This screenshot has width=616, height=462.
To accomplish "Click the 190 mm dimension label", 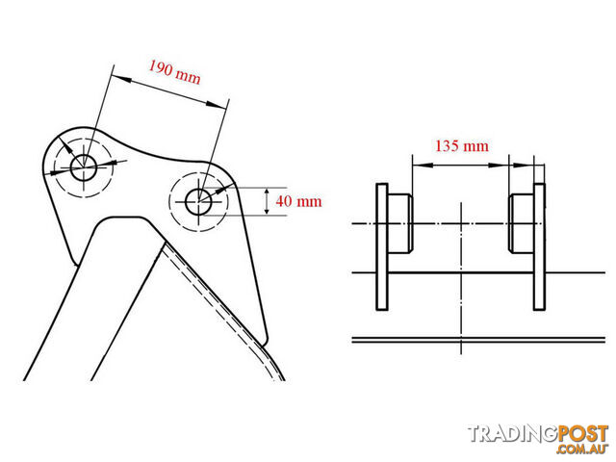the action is click(x=174, y=72).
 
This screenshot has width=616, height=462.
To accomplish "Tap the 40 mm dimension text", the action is click(x=298, y=201).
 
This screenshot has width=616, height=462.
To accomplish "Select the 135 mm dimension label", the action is click(x=462, y=146).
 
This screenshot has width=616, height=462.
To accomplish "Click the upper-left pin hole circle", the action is click(x=84, y=167).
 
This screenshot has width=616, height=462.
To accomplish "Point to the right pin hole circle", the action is click(x=199, y=202).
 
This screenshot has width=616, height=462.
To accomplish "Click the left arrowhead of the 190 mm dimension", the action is click(x=121, y=79).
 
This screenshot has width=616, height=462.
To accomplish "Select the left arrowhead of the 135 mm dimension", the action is click(x=423, y=166).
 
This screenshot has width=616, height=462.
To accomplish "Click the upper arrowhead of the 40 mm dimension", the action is click(x=267, y=192).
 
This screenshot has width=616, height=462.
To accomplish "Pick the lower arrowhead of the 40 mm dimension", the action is click(x=267, y=210).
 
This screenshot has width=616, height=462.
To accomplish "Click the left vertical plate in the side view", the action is click(x=382, y=246).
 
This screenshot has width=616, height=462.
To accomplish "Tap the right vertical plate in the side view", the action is click(x=539, y=246).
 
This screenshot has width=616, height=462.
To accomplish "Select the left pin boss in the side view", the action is click(x=400, y=223).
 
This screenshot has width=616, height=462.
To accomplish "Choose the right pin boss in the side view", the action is click(x=522, y=223).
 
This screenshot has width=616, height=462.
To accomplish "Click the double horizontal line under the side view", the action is click(x=478, y=340).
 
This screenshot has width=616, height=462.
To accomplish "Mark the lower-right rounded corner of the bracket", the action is click(x=266, y=339).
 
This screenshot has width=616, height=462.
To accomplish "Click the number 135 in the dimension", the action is click(x=447, y=146).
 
